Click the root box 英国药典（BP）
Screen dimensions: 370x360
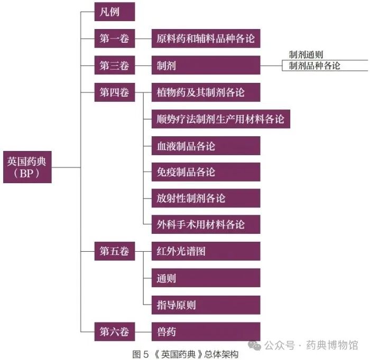point(27,167)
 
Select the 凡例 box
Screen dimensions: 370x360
point(115,12)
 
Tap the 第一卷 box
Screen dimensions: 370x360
point(115,39)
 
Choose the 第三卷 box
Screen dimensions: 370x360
point(115,65)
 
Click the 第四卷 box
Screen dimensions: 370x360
point(115,92)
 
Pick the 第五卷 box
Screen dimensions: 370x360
point(115,251)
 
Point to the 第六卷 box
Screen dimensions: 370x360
point(115,331)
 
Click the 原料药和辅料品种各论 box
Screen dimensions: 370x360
point(206,39)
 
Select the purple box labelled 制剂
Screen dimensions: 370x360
point(206,65)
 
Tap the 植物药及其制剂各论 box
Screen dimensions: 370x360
point(206,92)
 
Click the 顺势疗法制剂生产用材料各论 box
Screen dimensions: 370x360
point(221,119)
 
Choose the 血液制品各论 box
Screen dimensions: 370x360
point(206,146)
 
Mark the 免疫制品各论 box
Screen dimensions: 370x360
point(206,172)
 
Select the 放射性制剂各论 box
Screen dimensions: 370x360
point(206,198)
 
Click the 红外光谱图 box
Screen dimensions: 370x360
point(206,251)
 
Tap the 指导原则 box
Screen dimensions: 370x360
point(206,305)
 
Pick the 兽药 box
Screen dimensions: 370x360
point(206,331)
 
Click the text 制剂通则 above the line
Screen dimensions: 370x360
point(306,55)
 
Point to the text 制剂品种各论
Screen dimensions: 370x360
point(314,66)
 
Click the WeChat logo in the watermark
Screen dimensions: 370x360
point(254,345)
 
